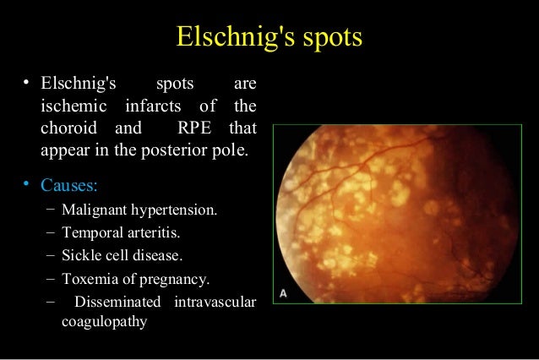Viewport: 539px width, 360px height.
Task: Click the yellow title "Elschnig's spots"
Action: [x=269, y=37]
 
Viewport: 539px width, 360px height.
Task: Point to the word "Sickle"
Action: [x=82, y=254]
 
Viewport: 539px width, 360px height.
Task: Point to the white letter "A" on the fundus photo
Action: [x=284, y=292]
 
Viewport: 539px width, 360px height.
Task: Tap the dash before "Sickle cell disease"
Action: [x=52, y=254]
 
